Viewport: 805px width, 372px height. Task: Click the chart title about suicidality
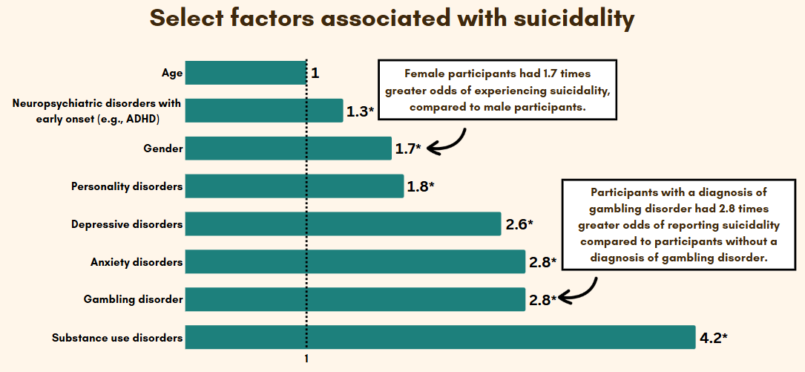point(392,19)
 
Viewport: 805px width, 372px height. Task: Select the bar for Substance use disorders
point(440,337)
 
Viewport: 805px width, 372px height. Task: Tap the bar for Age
point(246,73)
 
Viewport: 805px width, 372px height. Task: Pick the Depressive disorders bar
point(343,223)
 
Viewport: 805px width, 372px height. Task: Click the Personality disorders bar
point(294,186)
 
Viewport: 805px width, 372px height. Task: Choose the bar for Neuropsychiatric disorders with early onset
point(263,111)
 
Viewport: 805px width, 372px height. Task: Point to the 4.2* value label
point(713,338)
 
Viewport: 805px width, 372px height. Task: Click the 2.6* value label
point(519,224)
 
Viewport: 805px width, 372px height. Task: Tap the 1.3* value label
point(361,112)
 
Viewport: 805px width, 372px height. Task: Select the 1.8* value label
point(420,186)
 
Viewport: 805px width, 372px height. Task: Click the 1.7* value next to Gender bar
point(408,149)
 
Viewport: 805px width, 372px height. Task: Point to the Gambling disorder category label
point(133,299)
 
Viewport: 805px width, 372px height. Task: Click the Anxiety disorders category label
point(137,262)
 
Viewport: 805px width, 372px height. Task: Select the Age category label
point(172,73)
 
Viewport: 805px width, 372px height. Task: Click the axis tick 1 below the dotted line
point(306,358)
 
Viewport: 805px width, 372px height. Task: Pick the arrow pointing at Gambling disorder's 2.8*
point(579,291)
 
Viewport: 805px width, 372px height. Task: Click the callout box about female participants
point(497,90)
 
